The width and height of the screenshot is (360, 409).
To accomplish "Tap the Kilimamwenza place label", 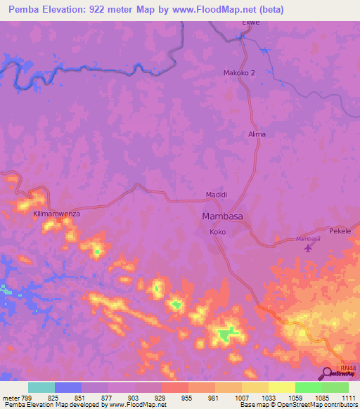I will (x=58, y=212).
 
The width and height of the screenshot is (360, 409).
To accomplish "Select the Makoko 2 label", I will (x=239, y=72).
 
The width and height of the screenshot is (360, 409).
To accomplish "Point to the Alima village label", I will (x=257, y=134).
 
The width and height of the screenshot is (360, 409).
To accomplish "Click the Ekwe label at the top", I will (x=251, y=22).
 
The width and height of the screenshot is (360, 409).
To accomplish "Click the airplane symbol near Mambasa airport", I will (x=307, y=247).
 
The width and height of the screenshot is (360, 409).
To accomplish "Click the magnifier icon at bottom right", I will (x=327, y=373).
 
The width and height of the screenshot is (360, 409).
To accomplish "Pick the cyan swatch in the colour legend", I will (x=41, y=387).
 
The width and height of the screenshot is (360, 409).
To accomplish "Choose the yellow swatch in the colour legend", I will (x=282, y=387).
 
